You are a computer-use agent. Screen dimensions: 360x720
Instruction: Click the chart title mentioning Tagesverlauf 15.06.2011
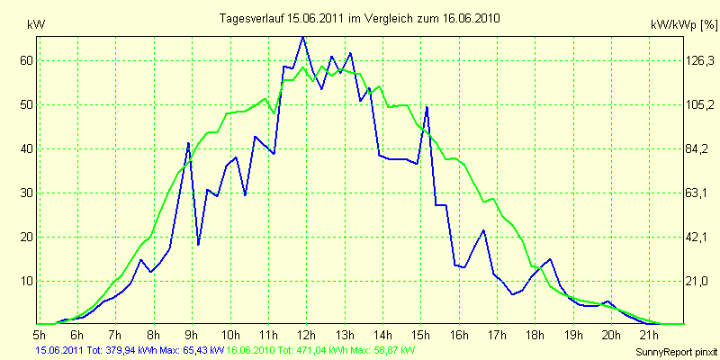coord(359,18)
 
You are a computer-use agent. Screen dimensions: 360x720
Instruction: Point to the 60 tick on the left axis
coord(26,60)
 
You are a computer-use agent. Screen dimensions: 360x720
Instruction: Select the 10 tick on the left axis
coord(26,281)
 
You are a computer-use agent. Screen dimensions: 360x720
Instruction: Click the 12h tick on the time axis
coord(307,335)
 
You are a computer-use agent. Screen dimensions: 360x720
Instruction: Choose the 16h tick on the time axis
coord(459,335)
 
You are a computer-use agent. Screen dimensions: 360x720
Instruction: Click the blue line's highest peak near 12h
coord(302,36)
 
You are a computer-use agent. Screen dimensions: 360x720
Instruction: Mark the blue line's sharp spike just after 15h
coord(427,107)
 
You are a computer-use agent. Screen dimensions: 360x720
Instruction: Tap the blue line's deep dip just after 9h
coord(198,244)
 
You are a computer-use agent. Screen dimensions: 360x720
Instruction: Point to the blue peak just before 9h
coord(189,143)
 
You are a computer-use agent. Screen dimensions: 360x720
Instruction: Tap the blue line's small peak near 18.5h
coord(550,259)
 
